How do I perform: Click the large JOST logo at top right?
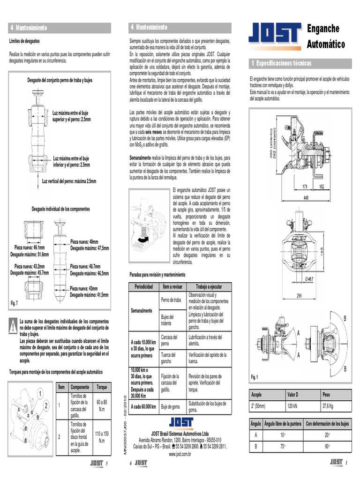tap(275, 36)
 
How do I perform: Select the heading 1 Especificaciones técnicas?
tap(281, 63)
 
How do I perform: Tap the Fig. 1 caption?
tap(255, 376)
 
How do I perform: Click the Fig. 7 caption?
tap(14, 303)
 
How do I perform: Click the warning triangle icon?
tap(13, 327)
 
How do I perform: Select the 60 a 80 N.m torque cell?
tap(101, 405)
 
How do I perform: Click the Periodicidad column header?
tap(144, 286)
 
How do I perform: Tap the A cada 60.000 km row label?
tap(143, 406)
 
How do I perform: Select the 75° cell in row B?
tap(283, 446)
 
